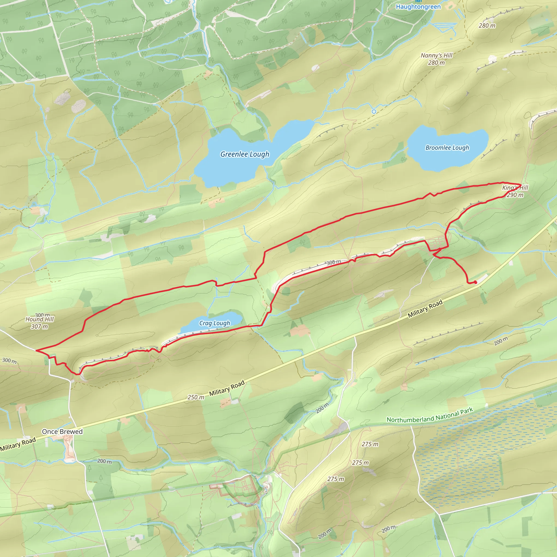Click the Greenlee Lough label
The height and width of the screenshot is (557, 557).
coord(245,154)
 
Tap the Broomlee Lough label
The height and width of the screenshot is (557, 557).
coord(447,148)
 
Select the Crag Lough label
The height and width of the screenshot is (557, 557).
coord(215,323)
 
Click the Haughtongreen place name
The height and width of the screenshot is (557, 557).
coord(418,7)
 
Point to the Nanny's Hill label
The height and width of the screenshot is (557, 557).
coord(437,55)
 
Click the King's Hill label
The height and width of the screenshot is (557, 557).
coord(515,188)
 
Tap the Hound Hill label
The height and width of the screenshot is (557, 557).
coord(39,319)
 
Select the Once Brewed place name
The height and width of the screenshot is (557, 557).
coord(62,432)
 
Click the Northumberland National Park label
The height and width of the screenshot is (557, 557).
coord(429,415)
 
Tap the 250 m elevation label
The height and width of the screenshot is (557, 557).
coord(196,397)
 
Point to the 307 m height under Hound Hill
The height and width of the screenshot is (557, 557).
coord(39,327)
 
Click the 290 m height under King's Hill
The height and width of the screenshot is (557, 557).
coord(515,195)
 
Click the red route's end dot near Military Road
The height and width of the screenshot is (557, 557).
coord(475,283)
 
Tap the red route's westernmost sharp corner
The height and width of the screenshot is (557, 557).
coord(36,350)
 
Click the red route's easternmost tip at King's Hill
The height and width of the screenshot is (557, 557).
coord(521,184)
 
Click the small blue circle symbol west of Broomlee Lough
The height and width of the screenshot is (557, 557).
coord(374,111)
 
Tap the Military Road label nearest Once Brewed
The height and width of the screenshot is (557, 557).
coord(18,444)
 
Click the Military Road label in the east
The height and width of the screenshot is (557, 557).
coord(425,309)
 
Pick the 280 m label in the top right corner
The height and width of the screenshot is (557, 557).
coord(487,26)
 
